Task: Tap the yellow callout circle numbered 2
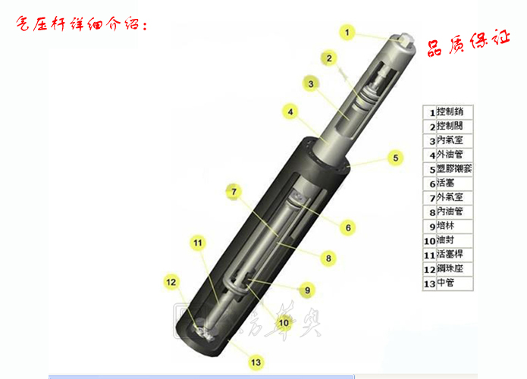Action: coord(328,58)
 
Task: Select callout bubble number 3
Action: coord(310,83)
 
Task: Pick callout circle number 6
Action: coord(347,227)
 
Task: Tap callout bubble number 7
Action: coord(234,191)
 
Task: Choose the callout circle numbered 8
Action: coord(328,258)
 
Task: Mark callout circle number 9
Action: coord(307,290)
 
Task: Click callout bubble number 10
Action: coord(284,322)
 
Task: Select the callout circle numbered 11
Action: coord(198,243)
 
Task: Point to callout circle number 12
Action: coord(171,282)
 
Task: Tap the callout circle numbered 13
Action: coord(256,362)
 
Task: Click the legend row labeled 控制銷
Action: coord(449,112)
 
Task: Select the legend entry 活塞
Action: coord(449,183)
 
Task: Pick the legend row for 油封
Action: coord(449,240)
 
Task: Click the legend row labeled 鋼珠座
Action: coord(449,269)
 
